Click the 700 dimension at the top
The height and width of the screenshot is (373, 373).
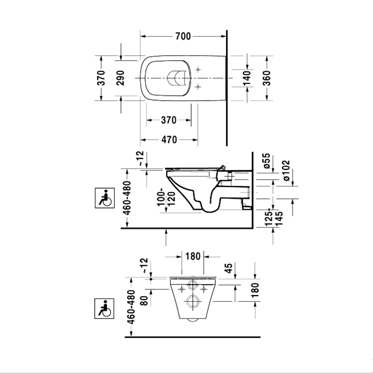click(183, 36)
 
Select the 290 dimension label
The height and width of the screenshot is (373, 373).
click(120, 78)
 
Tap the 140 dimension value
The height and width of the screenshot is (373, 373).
click(247, 78)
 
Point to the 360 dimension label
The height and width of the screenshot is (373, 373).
click(266, 78)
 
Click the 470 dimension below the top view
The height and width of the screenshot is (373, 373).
click(169, 140)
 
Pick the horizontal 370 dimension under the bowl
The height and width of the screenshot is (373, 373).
click(169, 120)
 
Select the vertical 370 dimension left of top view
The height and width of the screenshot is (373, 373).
click(101, 78)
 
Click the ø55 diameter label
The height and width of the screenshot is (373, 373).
click(266, 161)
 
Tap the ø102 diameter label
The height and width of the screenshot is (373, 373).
click(286, 171)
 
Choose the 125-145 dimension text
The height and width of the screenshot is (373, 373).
click(274, 218)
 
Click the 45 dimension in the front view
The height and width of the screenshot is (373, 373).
click(229, 269)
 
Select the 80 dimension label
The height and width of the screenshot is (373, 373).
click(144, 300)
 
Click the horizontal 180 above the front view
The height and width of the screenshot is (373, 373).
click(193, 256)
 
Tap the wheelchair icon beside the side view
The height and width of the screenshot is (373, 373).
click(104, 198)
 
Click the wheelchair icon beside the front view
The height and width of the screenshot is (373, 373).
click(104, 309)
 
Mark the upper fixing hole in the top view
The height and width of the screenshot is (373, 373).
click(198, 69)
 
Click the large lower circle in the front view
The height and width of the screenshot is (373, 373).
click(193, 302)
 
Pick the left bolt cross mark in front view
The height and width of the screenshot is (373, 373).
click(182, 289)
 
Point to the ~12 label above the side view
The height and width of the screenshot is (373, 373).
click(141, 158)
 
